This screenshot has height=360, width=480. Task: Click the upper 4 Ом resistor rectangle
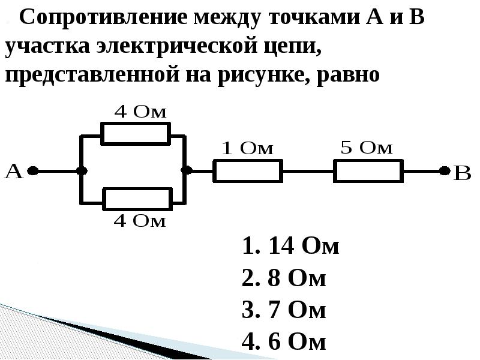click(135, 133)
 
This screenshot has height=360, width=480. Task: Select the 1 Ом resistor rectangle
click(248, 171)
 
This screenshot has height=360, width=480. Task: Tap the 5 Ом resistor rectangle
click(368, 171)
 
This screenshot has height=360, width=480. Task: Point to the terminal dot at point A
click(33, 171)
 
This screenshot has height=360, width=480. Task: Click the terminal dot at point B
click(444, 171)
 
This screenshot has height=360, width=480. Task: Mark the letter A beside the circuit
click(14, 172)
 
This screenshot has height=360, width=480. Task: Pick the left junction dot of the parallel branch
click(81, 171)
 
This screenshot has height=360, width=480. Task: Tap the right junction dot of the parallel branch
click(187, 171)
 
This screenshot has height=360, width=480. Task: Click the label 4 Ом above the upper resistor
click(140, 112)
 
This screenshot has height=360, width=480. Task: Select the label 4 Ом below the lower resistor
click(140, 221)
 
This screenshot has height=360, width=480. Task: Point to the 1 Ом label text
click(247, 149)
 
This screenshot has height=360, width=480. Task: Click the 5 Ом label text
click(367, 148)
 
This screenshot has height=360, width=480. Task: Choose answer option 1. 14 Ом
click(290, 247)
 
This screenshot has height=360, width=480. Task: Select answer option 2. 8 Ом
click(283, 278)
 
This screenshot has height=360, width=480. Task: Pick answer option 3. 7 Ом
click(283, 310)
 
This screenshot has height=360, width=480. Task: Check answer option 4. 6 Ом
click(283, 342)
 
